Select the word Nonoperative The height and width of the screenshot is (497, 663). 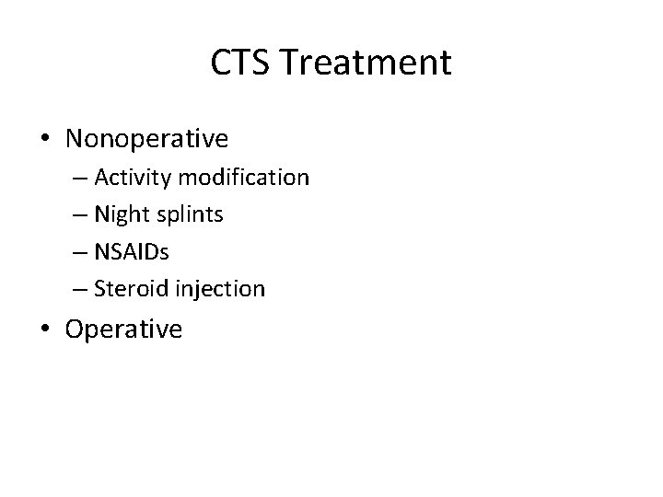coord(147,139)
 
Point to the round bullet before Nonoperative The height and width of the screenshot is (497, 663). coord(47,140)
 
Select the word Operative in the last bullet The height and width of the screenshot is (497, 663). coord(124,329)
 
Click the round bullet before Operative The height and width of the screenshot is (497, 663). coord(47,329)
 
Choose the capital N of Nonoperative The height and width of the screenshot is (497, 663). coord(75,139)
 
